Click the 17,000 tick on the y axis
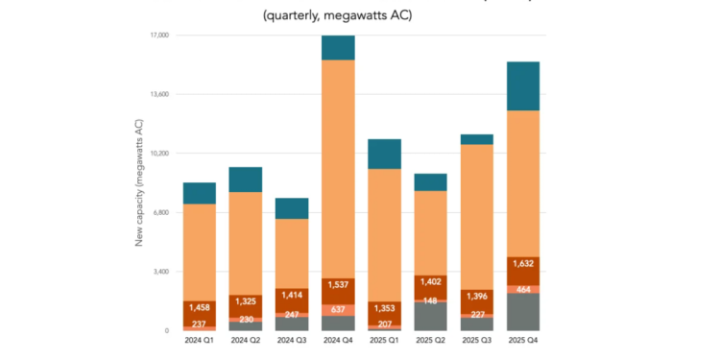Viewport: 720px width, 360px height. click(x=156, y=36)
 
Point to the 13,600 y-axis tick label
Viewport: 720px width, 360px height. click(x=156, y=94)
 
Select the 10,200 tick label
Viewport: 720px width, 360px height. click(x=156, y=154)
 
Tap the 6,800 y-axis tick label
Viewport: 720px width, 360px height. click(x=157, y=212)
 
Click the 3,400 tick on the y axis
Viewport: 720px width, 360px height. click(x=157, y=272)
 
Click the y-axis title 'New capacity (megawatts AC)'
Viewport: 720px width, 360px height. click(x=139, y=182)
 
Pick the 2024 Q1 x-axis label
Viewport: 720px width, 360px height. click(x=199, y=340)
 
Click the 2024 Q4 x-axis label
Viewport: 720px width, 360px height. click(x=337, y=340)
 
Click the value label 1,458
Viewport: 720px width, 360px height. click(x=199, y=308)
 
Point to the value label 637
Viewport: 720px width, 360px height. click(x=337, y=310)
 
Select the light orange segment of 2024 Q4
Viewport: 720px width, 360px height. click(x=337, y=168)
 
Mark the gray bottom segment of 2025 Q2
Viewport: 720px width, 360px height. click(x=429, y=317)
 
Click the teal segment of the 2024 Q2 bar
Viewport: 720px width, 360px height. click(x=245, y=180)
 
